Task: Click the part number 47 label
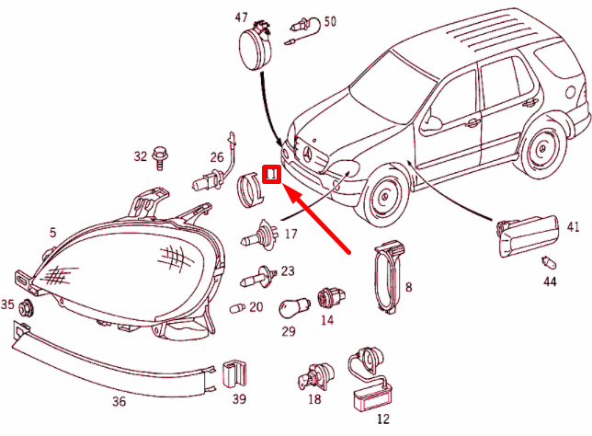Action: pyautogui.click(x=242, y=17)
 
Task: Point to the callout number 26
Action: pyautogui.click(x=217, y=157)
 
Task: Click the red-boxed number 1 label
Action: pyautogui.click(x=271, y=174)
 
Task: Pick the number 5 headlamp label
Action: pyautogui.click(x=52, y=233)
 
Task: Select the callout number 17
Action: pyautogui.click(x=290, y=235)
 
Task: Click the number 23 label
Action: pyautogui.click(x=288, y=271)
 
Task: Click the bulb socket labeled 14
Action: pyautogui.click(x=324, y=297)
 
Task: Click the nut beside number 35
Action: pyautogui.click(x=27, y=306)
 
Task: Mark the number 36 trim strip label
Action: pyautogui.click(x=119, y=400)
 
